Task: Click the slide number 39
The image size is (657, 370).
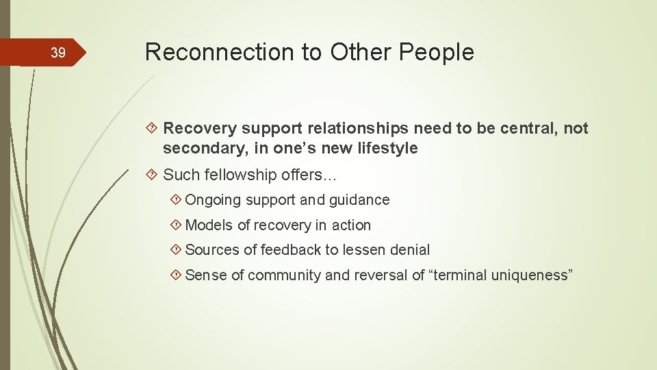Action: click(58, 53)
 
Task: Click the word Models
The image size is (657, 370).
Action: click(209, 225)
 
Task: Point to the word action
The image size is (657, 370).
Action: click(351, 225)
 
